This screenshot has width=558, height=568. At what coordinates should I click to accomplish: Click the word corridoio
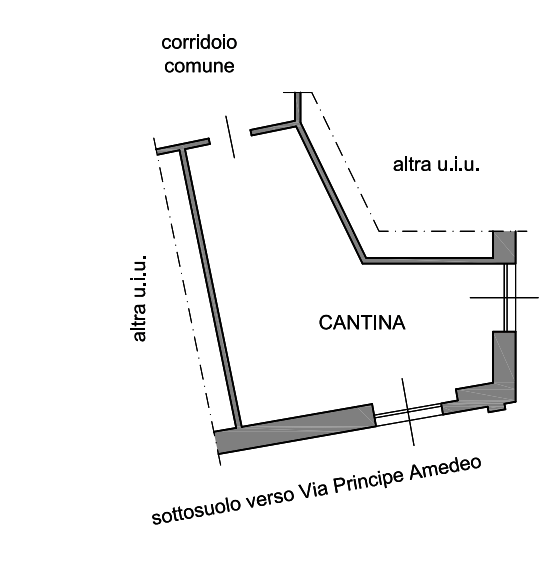pos(199,43)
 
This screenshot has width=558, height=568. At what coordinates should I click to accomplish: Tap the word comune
pos(199,66)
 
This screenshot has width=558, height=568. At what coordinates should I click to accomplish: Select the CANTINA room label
pos(362,323)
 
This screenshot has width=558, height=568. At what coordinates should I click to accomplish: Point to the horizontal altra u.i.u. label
pos(437,165)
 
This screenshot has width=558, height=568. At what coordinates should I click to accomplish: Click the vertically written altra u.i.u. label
pos(140,298)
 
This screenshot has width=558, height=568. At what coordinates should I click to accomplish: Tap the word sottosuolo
pos(196,510)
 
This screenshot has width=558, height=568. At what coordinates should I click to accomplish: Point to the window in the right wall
pos(509,297)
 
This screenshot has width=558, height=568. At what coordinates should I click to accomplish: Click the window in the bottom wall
pos(408,415)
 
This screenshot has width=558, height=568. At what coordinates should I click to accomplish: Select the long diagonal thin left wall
pos(209,289)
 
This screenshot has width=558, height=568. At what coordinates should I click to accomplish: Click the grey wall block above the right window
pos(504,246)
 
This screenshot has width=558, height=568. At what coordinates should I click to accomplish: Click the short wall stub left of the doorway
pos(183,146)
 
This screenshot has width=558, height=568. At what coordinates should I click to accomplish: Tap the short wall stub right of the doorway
pos(274,129)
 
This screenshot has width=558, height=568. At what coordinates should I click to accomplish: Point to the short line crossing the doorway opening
pos(230,137)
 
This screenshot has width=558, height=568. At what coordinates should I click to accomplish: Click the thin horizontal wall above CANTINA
pos(428,261)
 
